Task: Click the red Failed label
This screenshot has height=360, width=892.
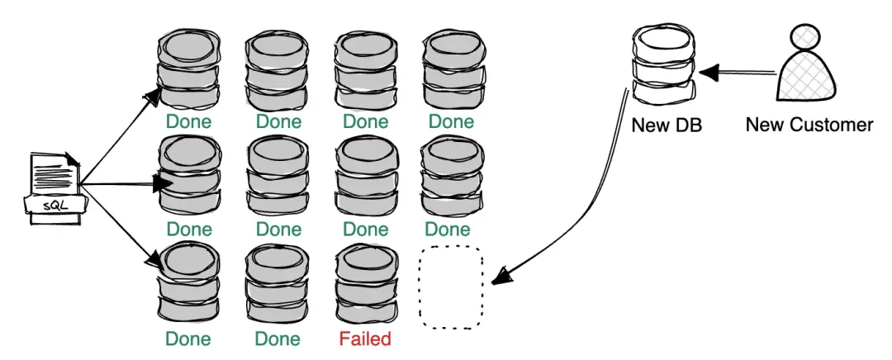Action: pyautogui.click(x=364, y=339)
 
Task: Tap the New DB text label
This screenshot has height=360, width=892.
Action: pyautogui.click(x=667, y=126)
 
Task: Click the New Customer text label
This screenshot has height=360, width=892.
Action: pyautogui.click(x=809, y=125)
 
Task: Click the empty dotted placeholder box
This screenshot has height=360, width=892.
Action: pyautogui.click(x=451, y=287)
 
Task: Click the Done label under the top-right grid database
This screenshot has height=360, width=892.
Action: pyautogui.click(x=451, y=122)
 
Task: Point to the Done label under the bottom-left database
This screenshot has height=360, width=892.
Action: pyautogui.click(x=188, y=339)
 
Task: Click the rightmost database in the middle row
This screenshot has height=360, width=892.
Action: pyautogui.click(x=451, y=176)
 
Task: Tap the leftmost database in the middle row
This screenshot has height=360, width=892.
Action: pyautogui.click(x=189, y=176)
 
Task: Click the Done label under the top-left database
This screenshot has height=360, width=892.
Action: pyautogui.click(x=188, y=122)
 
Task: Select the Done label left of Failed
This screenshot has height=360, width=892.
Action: pyautogui.click(x=278, y=339)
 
